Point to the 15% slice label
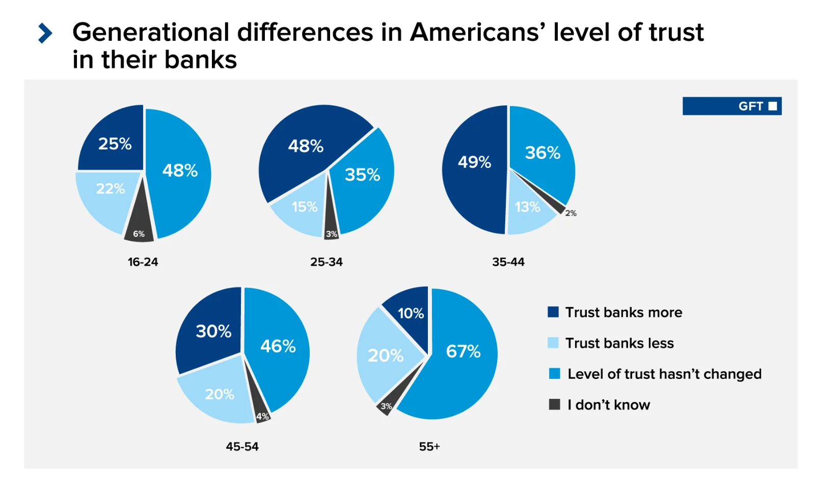(x=305, y=207)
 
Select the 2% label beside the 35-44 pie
(x=571, y=213)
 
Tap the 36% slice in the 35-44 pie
(x=542, y=153)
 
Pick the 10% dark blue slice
(x=411, y=313)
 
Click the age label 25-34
(x=327, y=262)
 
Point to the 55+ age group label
(x=429, y=447)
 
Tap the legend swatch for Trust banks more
(x=553, y=312)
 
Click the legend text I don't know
(x=609, y=405)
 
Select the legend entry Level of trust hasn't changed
(x=664, y=374)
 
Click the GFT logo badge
(x=732, y=106)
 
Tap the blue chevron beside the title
(x=45, y=33)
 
